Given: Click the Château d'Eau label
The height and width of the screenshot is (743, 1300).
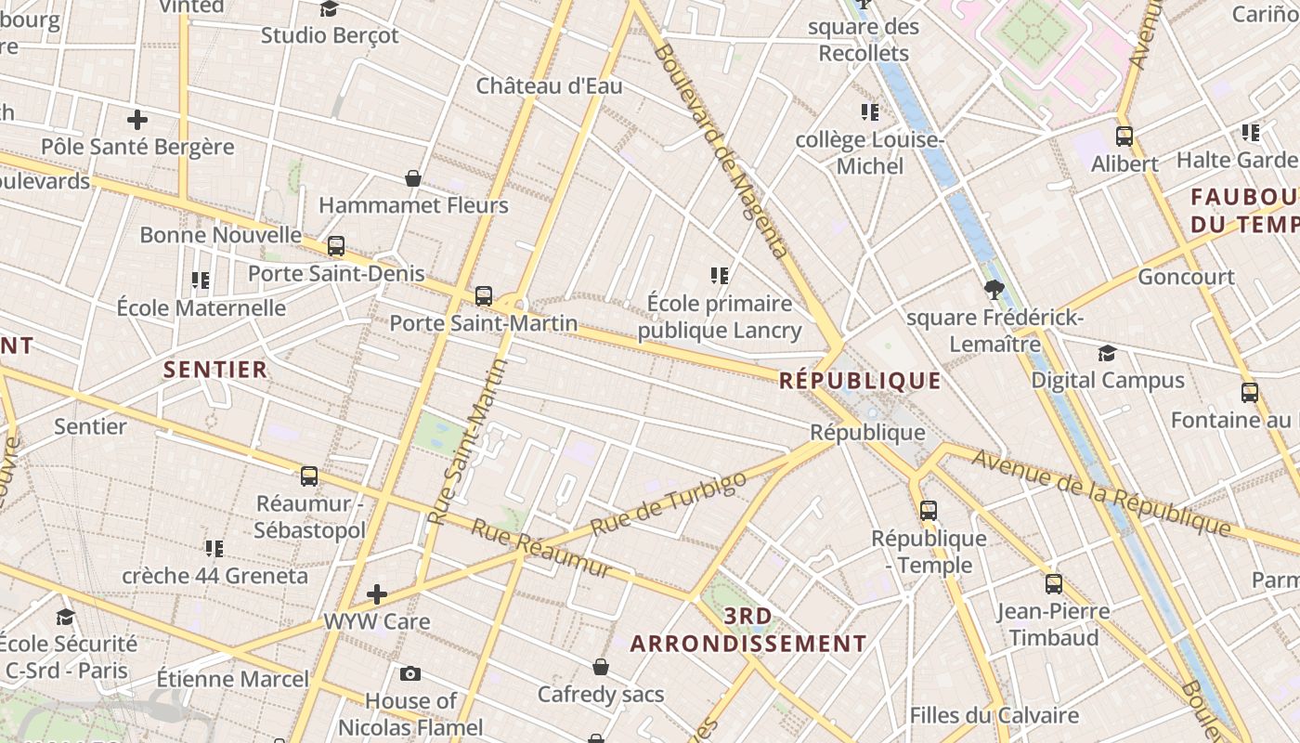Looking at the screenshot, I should click(x=549, y=86).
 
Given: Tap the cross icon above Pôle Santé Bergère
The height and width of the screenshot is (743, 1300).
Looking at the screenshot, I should click(x=137, y=120).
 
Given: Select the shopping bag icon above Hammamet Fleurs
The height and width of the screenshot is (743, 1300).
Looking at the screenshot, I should click(x=413, y=178).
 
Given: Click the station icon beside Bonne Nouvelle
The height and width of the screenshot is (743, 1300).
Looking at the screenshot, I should click(x=336, y=246).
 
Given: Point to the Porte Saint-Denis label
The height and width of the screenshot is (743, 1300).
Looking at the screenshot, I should click(x=336, y=274).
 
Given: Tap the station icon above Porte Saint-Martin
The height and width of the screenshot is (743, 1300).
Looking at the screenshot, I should click(x=484, y=296).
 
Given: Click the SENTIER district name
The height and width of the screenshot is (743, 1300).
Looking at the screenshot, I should click(x=215, y=370).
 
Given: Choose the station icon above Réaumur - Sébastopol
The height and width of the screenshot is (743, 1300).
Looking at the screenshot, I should click(x=309, y=476).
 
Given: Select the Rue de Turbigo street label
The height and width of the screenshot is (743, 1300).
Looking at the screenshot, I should click(x=669, y=503).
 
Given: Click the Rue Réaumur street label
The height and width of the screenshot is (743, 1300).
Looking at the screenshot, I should click(x=541, y=547).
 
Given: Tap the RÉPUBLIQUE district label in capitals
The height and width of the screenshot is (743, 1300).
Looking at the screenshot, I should click(x=860, y=381).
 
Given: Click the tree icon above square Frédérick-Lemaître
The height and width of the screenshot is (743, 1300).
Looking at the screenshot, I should click(x=994, y=289).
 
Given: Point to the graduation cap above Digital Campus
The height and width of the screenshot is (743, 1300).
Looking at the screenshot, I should click(x=1107, y=353).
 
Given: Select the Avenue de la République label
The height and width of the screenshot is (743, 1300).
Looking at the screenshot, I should click(x=1101, y=493).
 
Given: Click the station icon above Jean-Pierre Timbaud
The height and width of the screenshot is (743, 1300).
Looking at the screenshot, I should click(x=1054, y=584).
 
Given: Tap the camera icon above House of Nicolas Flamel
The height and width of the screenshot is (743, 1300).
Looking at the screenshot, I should click(x=410, y=673).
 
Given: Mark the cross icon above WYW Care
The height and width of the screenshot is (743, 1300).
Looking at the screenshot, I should click(x=377, y=593).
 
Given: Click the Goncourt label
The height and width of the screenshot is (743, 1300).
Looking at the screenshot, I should click(x=1186, y=277).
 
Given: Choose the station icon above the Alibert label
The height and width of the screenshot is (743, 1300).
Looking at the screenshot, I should click(x=1124, y=137).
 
